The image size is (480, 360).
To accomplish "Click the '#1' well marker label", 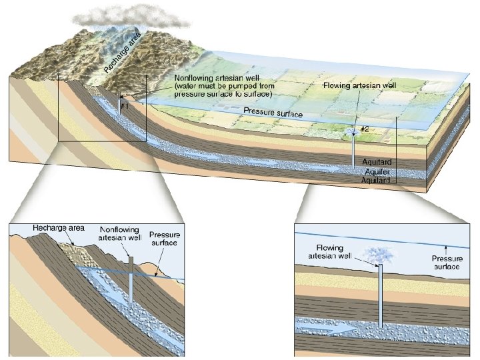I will pos(124,106).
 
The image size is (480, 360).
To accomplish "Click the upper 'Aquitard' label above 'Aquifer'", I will pos(376,162).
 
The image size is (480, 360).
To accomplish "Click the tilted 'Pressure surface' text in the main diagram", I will pos(273,113).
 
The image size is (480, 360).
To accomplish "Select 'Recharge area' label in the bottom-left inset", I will pos(59,228).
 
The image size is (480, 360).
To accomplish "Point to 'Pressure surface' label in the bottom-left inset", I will pos(164,239).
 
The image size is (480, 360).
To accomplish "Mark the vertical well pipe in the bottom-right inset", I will pos(380,297).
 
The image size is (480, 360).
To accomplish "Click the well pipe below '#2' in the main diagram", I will pos(353,153).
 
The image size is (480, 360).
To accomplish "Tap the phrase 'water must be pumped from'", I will pos(220,87).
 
